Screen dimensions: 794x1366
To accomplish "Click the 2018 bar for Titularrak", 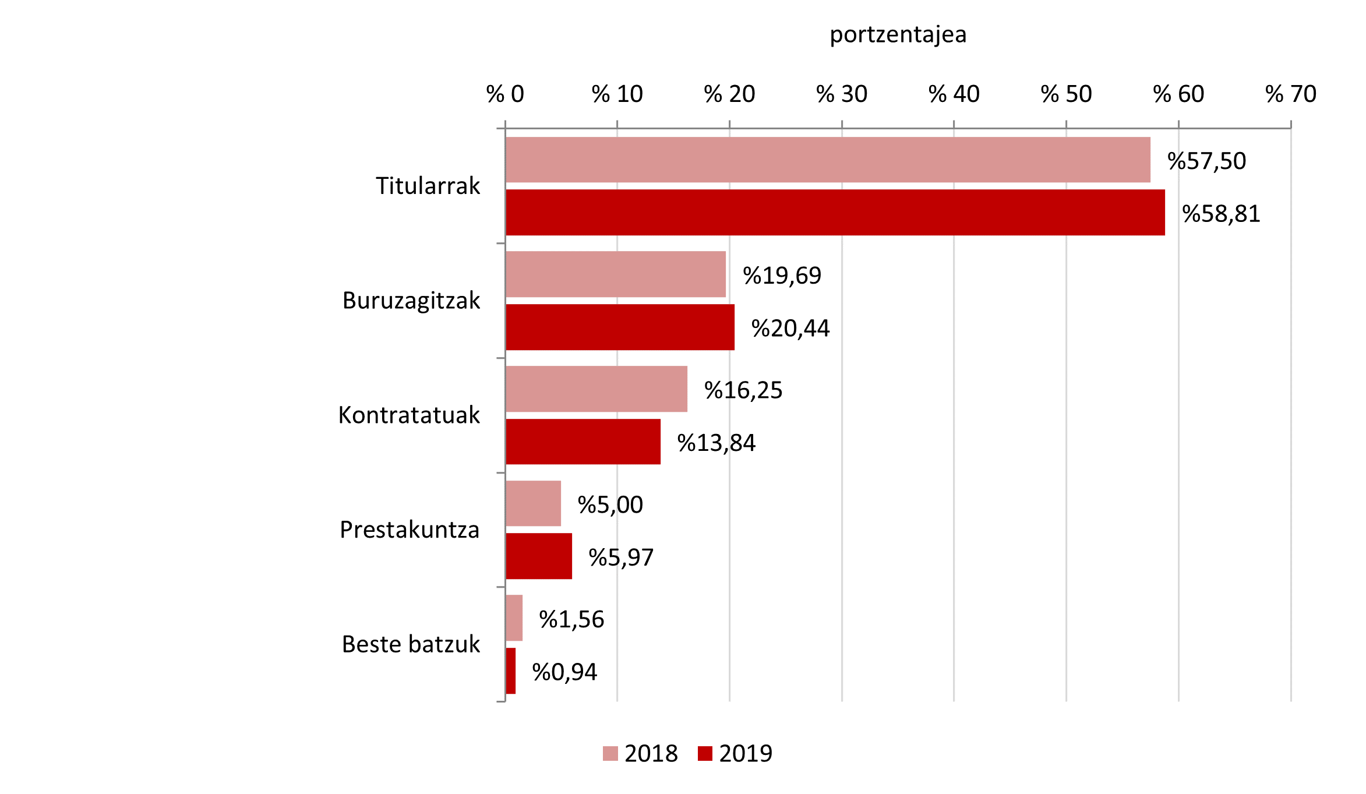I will [827, 160].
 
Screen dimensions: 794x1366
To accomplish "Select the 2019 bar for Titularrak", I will [835, 213].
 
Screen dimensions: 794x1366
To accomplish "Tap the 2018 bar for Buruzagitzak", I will [615, 274].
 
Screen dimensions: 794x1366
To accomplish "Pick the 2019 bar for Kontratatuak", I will [583, 442].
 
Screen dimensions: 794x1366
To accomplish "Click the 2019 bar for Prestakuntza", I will [538, 556].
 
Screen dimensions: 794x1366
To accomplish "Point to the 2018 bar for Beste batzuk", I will [514, 618].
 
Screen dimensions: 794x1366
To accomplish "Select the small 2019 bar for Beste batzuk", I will [510, 671].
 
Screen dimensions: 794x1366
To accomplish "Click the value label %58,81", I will [1221, 214].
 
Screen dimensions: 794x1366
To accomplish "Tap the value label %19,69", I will [782, 276].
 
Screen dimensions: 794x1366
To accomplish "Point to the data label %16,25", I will [743, 390].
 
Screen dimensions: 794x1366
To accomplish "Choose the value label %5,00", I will [610, 505].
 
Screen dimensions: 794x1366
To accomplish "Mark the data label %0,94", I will [564, 672].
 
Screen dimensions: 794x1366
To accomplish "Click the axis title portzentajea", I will [898, 35].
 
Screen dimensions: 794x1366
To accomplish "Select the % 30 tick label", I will [841, 94].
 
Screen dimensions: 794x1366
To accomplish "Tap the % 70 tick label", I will [1290, 94].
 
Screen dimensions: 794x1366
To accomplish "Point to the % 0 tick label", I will [505, 94].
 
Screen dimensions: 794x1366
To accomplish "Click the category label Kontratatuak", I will [409, 415].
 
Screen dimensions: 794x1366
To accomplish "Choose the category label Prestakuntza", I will [410, 530].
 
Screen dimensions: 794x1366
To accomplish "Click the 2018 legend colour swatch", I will [610, 754].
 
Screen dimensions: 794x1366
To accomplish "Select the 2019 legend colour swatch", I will [705, 754].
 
